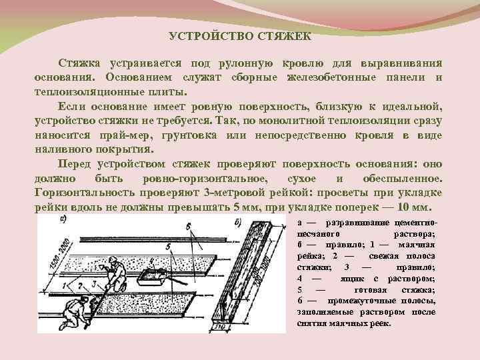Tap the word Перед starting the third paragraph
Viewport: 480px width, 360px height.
tap(75, 165)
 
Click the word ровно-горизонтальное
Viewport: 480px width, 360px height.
tap(204, 179)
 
